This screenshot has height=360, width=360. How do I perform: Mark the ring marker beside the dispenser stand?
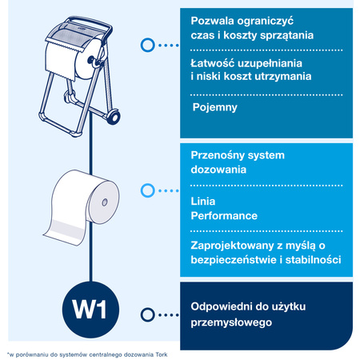[146, 46]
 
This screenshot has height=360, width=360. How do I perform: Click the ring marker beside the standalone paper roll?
[146, 190]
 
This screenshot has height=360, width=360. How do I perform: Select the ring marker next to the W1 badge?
[146, 314]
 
